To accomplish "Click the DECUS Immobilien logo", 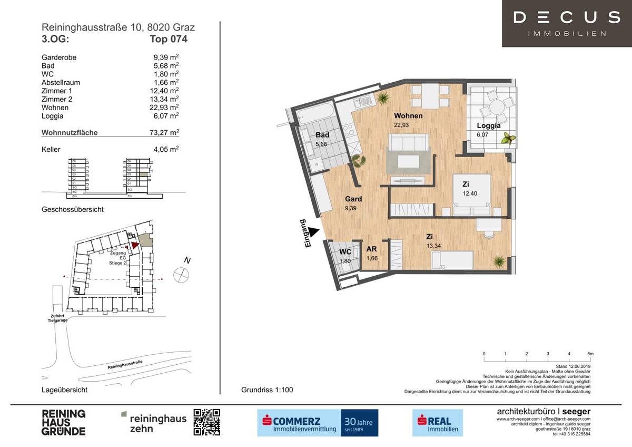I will tap(566, 23).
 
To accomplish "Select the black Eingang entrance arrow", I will tap(314, 231).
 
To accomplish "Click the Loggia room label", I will tap(488, 125).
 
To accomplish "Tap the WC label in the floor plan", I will tap(345, 252).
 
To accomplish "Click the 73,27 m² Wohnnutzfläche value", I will tap(165, 133).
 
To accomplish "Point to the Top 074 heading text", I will tap(168, 38).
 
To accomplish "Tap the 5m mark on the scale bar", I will tap(590, 354).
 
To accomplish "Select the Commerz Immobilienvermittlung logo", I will tap(318, 422).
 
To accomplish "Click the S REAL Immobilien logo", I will tap(437, 422).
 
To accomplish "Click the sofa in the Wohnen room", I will tap(408, 142).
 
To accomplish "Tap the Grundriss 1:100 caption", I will tap(267, 390).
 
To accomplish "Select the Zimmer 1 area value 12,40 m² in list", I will tap(165, 91).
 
